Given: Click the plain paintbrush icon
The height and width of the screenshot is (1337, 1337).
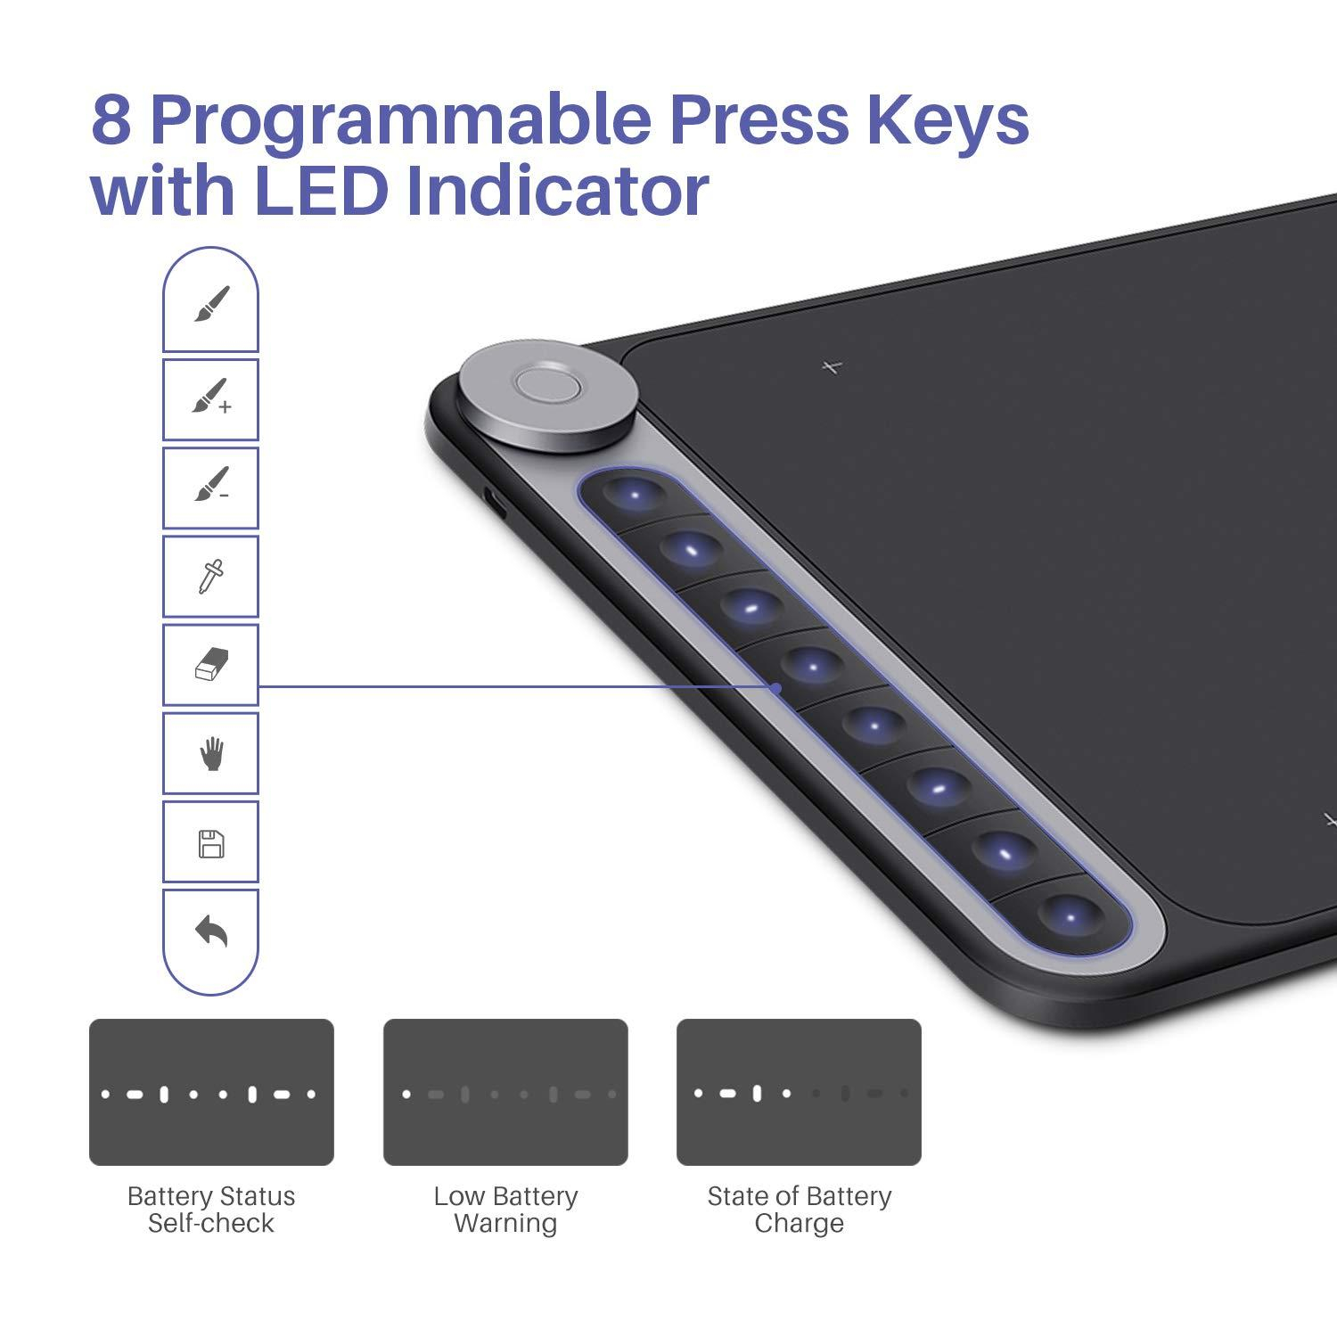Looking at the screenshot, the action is coord(211,304).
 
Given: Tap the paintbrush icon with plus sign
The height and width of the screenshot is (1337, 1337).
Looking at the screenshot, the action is coord(211,397).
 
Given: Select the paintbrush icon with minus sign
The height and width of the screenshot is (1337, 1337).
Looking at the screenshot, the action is coord(211,484).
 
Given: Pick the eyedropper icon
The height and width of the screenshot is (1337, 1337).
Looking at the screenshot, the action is coord(211,577).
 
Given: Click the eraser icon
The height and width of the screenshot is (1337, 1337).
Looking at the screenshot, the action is coord(211,665).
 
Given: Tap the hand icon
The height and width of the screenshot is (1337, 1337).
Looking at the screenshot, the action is coord(211,754).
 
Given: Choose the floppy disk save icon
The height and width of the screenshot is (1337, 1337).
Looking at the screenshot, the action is coord(211,843).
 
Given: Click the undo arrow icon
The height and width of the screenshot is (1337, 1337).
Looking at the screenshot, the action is coord(211,931).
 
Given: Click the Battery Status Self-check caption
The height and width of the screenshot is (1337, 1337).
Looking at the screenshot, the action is coord(211,1210).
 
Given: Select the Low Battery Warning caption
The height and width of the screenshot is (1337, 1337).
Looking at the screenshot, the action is coord(505,1210).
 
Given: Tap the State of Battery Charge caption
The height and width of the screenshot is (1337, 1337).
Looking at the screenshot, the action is coord(799,1210).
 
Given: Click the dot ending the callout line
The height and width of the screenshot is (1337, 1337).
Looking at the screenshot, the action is coord(776,687).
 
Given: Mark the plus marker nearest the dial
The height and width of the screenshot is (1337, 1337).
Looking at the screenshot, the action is coord(833,365).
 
